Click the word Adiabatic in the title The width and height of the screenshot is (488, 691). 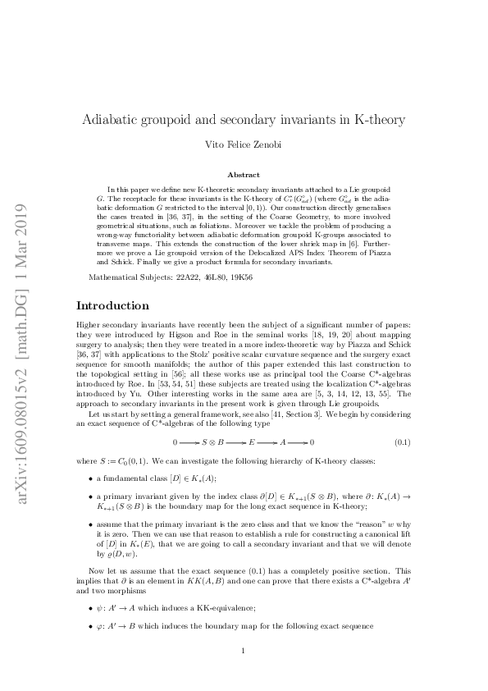[111, 119]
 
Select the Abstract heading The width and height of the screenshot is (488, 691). [244, 174]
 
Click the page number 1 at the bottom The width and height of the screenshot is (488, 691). [244, 652]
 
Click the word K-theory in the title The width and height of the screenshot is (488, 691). [376, 119]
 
